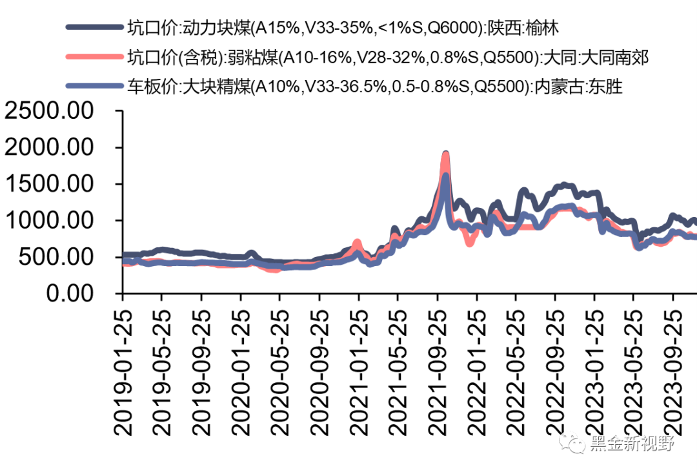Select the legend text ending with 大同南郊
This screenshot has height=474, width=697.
pyautogui.click(x=387, y=57)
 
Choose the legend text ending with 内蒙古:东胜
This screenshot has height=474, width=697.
pyautogui.click(x=374, y=87)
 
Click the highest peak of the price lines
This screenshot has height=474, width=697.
pyautogui.click(x=445, y=154)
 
